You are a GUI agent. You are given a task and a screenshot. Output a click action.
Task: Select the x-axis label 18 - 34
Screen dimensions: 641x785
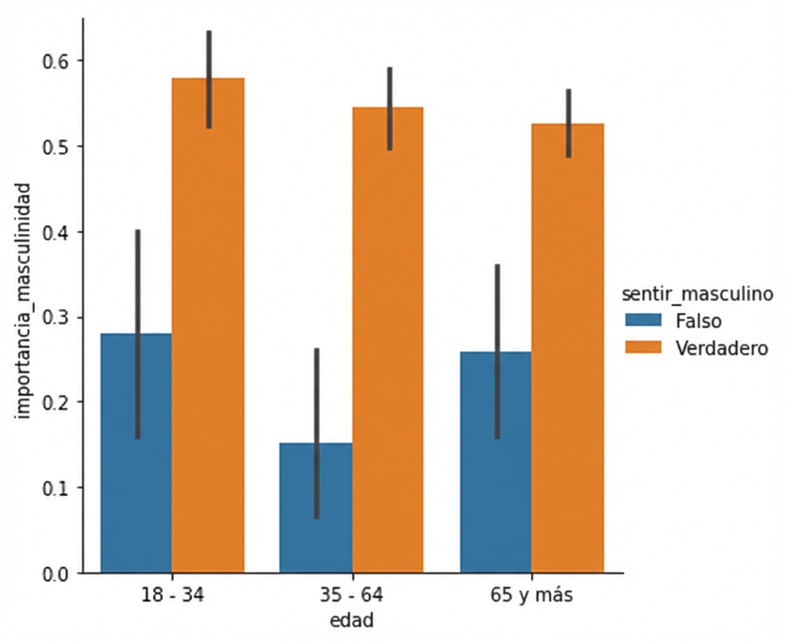pos(172,595)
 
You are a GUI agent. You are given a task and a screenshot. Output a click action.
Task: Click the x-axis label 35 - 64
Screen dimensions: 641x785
pos(352,595)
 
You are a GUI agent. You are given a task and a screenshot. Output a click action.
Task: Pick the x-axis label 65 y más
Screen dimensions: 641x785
pos(532,595)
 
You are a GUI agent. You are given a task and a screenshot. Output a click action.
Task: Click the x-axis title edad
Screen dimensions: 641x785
pos(352,620)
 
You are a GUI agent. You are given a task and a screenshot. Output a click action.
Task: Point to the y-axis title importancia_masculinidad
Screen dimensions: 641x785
pos(24,300)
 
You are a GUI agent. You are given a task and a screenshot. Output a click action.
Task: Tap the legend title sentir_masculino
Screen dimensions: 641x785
pos(697,295)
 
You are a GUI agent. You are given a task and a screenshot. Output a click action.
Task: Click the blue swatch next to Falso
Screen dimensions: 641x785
pos(643,321)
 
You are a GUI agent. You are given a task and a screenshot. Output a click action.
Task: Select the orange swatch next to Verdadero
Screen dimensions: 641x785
pos(643,348)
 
